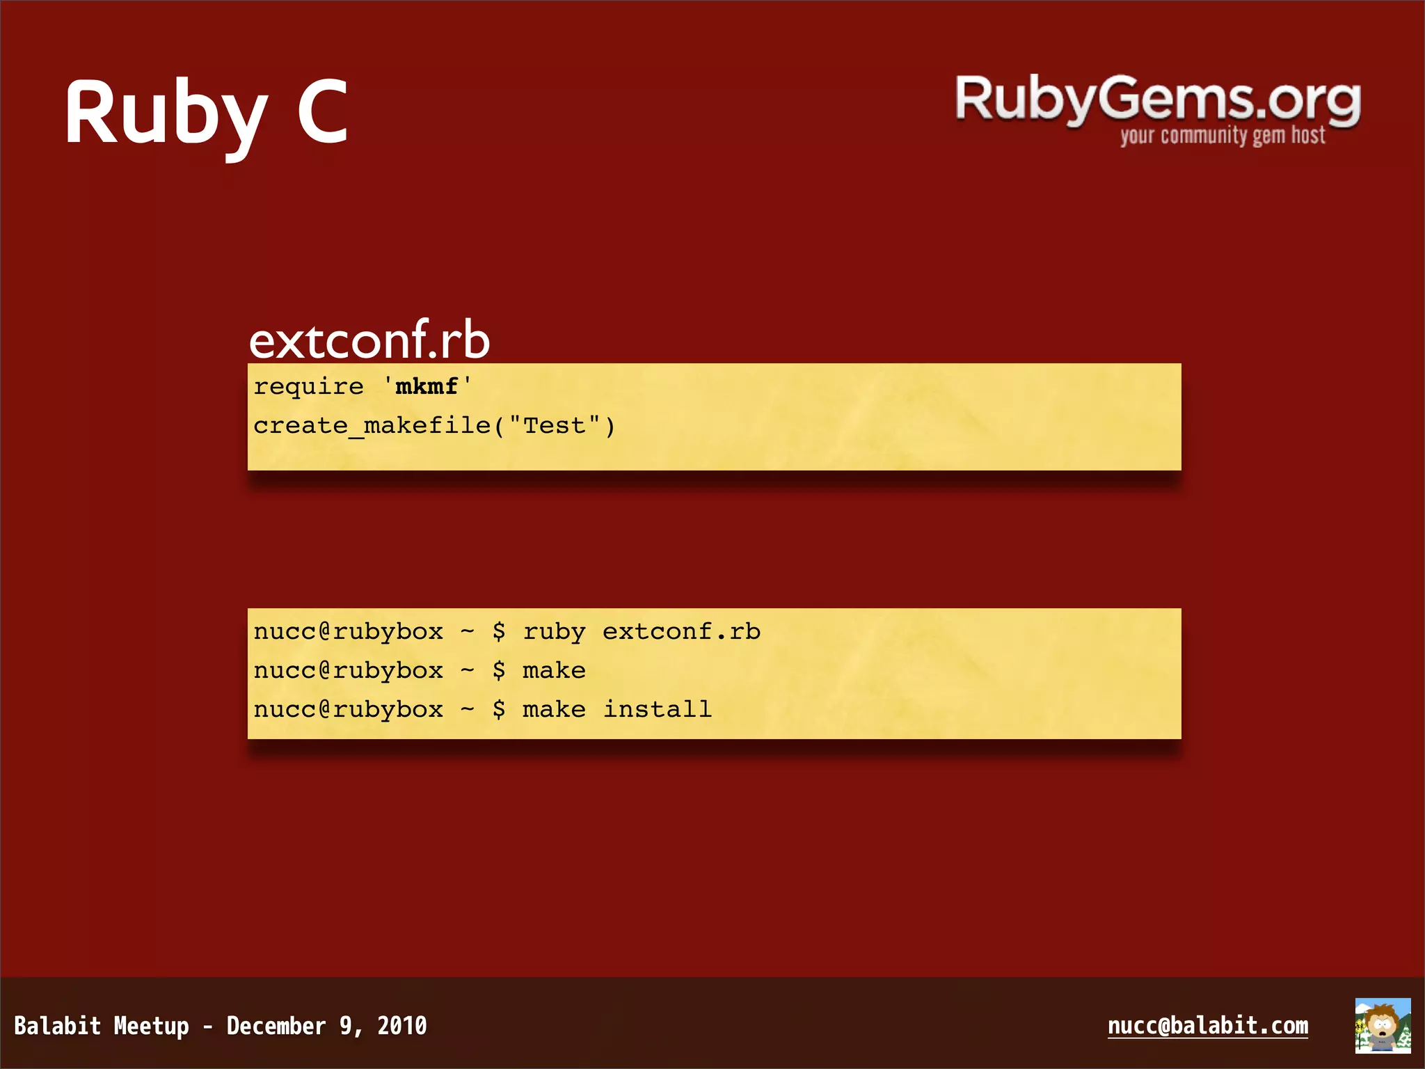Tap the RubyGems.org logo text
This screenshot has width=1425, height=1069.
(1157, 100)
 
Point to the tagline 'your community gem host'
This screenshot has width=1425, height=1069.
(1222, 136)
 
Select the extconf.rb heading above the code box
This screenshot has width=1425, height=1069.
(369, 340)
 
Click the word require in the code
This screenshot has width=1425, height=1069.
(308, 386)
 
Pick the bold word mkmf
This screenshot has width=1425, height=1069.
(427, 386)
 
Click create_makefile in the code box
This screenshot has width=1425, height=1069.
(372, 425)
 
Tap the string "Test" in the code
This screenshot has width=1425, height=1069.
(555, 425)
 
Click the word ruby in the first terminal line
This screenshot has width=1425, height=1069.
(554, 632)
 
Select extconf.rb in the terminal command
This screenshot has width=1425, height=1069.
(681, 632)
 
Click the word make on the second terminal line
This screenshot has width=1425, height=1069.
(554, 671)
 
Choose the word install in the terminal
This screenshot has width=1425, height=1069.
(657, 710)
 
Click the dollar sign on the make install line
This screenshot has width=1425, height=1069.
(498, 710)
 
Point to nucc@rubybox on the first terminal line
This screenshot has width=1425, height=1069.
(348, 632)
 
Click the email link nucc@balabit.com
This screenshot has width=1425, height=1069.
(1207, 1026)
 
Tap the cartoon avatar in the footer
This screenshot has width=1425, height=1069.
(1382, 1025)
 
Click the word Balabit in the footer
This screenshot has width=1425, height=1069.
(58, 1026)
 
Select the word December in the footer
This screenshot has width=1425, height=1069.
(276, 1026)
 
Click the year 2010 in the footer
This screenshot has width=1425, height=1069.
(401, 1026)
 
